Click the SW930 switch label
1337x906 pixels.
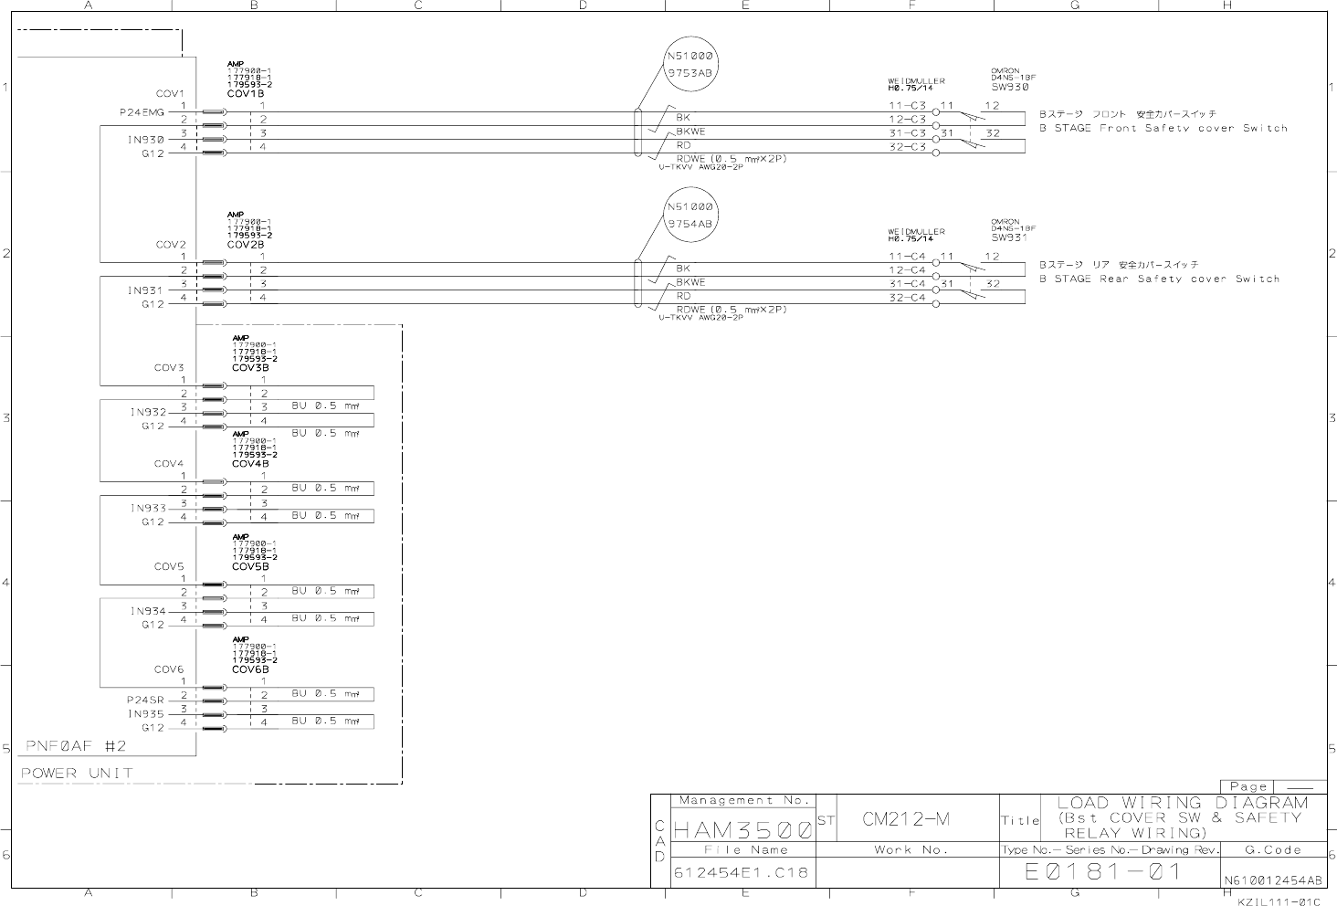(x=1010, y=88)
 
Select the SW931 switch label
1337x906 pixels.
(x=1008, y=238)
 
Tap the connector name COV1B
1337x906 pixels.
(x=246, y=94)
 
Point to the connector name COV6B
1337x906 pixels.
(x=250, y=669)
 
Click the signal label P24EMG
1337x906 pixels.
(x=142, y=112)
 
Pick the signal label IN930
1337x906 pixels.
(x=146, y=140)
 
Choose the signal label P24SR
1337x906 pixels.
(x=145, y=701)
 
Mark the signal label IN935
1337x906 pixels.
(x=146, y=714)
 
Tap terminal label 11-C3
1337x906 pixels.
(x=908, y=106)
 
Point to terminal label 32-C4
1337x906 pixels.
(x=908, y=298)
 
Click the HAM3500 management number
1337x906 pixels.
(x=742, y=831)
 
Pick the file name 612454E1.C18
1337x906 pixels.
(x=741, y=872)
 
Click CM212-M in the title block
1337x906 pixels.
(x=906, y=819)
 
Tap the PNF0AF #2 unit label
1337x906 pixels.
(x=74, y=746)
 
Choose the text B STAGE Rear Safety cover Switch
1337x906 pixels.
(x=1159, y=279)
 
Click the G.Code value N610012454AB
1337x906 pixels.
(x=1272, y=881)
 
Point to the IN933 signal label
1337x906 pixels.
(x=148, y=509)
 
